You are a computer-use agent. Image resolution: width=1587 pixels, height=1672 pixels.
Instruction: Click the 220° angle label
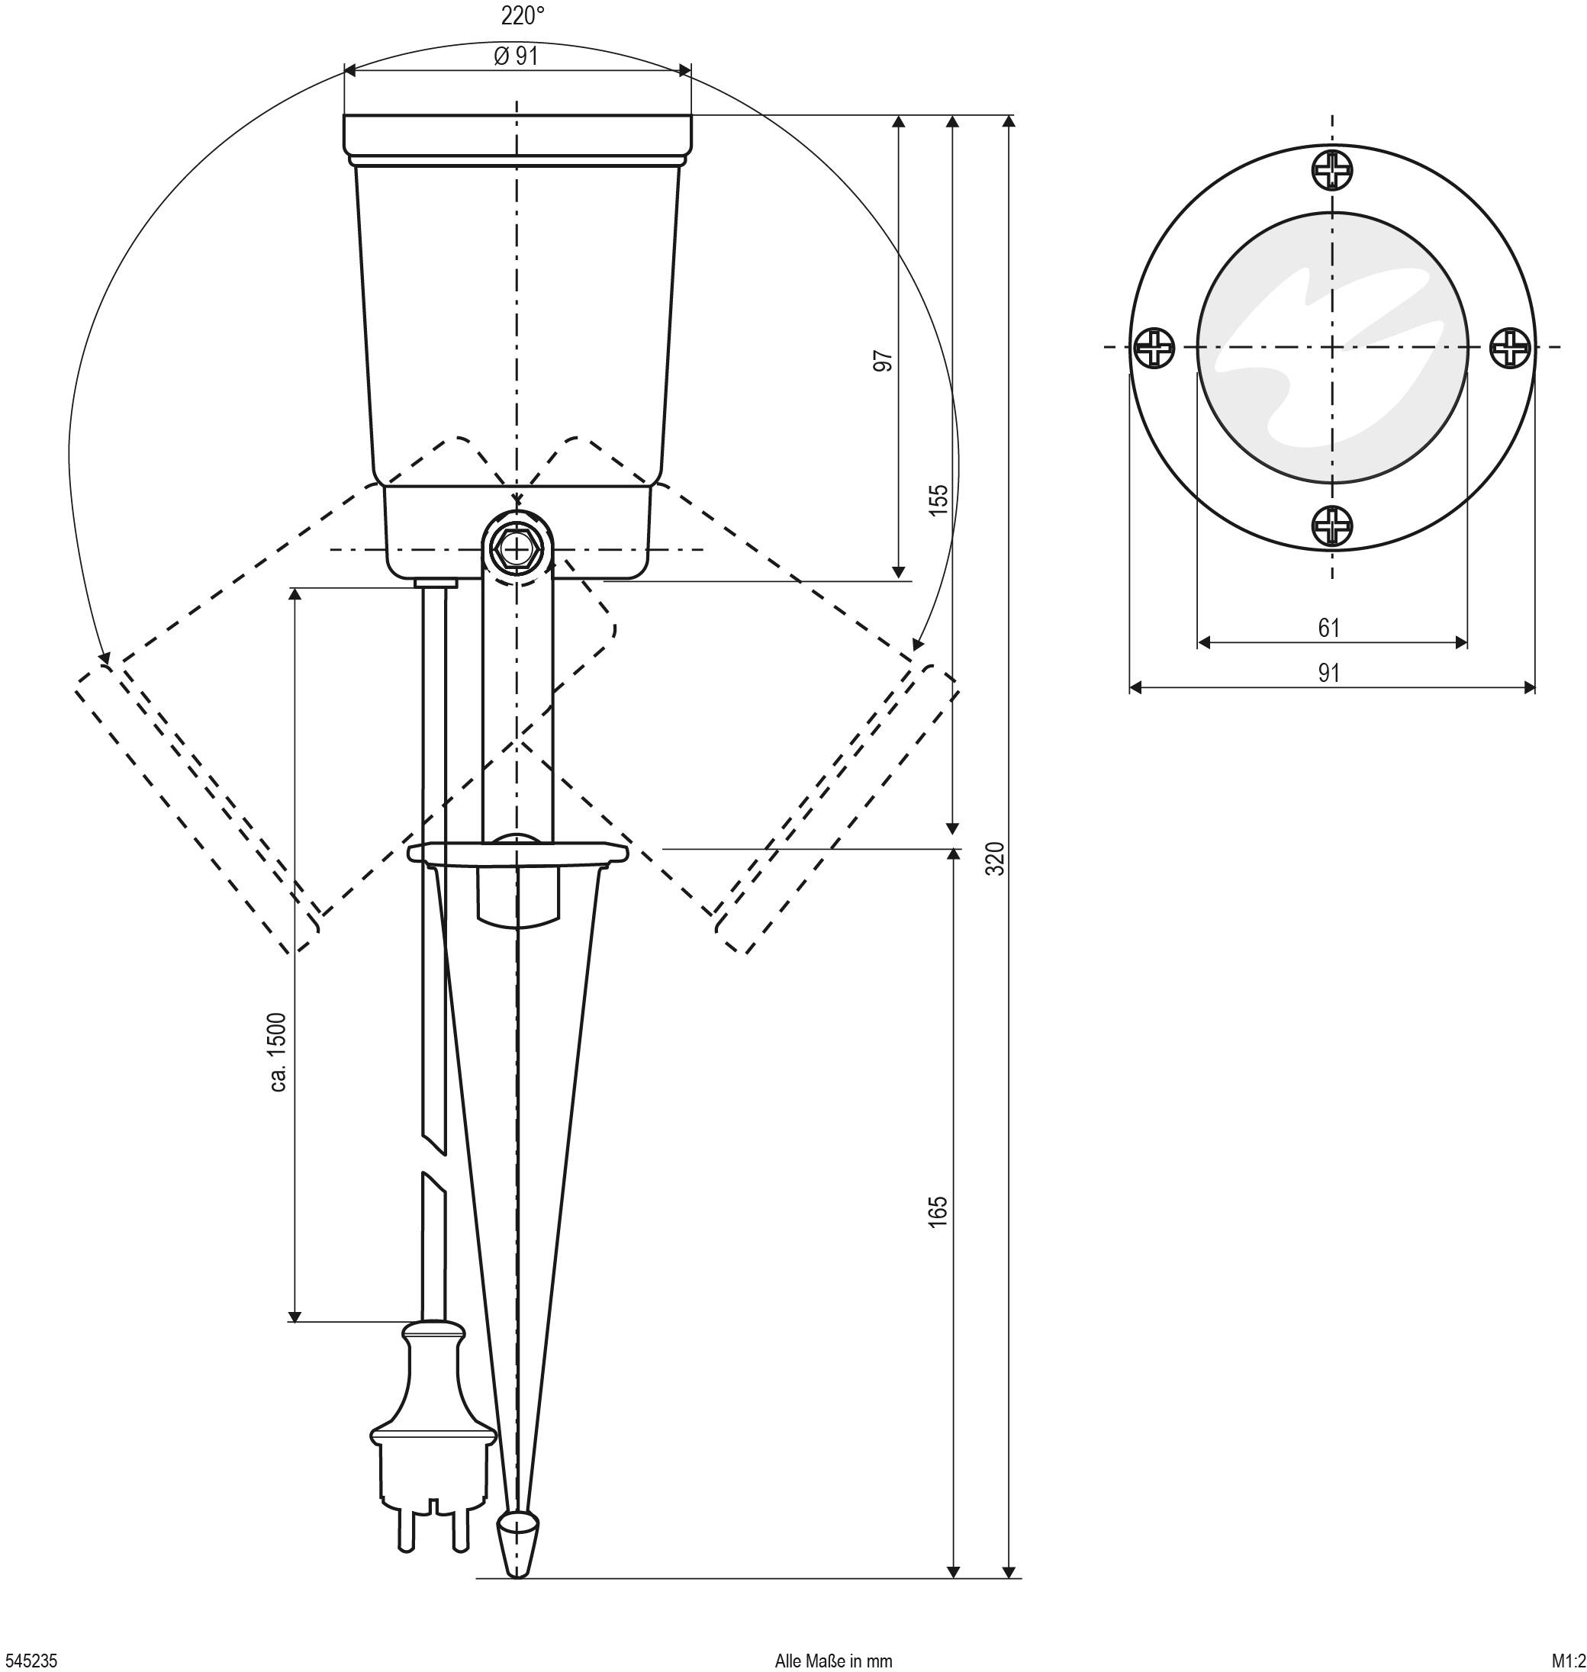[x=521, y=16]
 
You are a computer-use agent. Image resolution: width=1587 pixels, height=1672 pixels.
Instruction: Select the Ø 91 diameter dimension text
[x=516, y=56]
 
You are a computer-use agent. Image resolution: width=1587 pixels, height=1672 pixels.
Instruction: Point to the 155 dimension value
[x=938, y=500]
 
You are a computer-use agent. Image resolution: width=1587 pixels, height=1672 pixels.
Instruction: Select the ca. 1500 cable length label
[x=278, y=1052]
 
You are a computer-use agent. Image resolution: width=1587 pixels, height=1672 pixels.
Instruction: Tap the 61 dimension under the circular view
[x=1329, y=628]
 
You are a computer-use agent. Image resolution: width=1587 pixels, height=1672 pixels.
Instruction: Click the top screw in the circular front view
[x=1332, y=170]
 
